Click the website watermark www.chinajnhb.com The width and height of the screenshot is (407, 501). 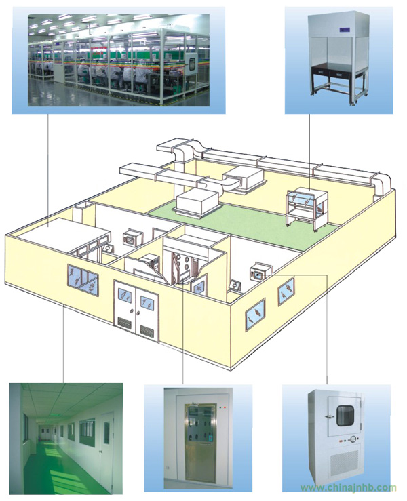348,488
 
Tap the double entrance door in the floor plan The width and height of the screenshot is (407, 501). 136,309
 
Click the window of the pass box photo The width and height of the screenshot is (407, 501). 345,416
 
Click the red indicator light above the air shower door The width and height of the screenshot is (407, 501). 225,407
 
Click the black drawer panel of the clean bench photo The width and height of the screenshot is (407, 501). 339,73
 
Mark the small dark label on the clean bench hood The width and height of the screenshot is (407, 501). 345,30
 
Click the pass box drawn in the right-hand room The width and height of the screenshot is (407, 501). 260,273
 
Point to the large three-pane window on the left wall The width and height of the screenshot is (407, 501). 83,280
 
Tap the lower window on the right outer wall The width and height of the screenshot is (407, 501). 255,315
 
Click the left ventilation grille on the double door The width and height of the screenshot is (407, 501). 124,323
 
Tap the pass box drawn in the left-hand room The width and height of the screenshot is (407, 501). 133,237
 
